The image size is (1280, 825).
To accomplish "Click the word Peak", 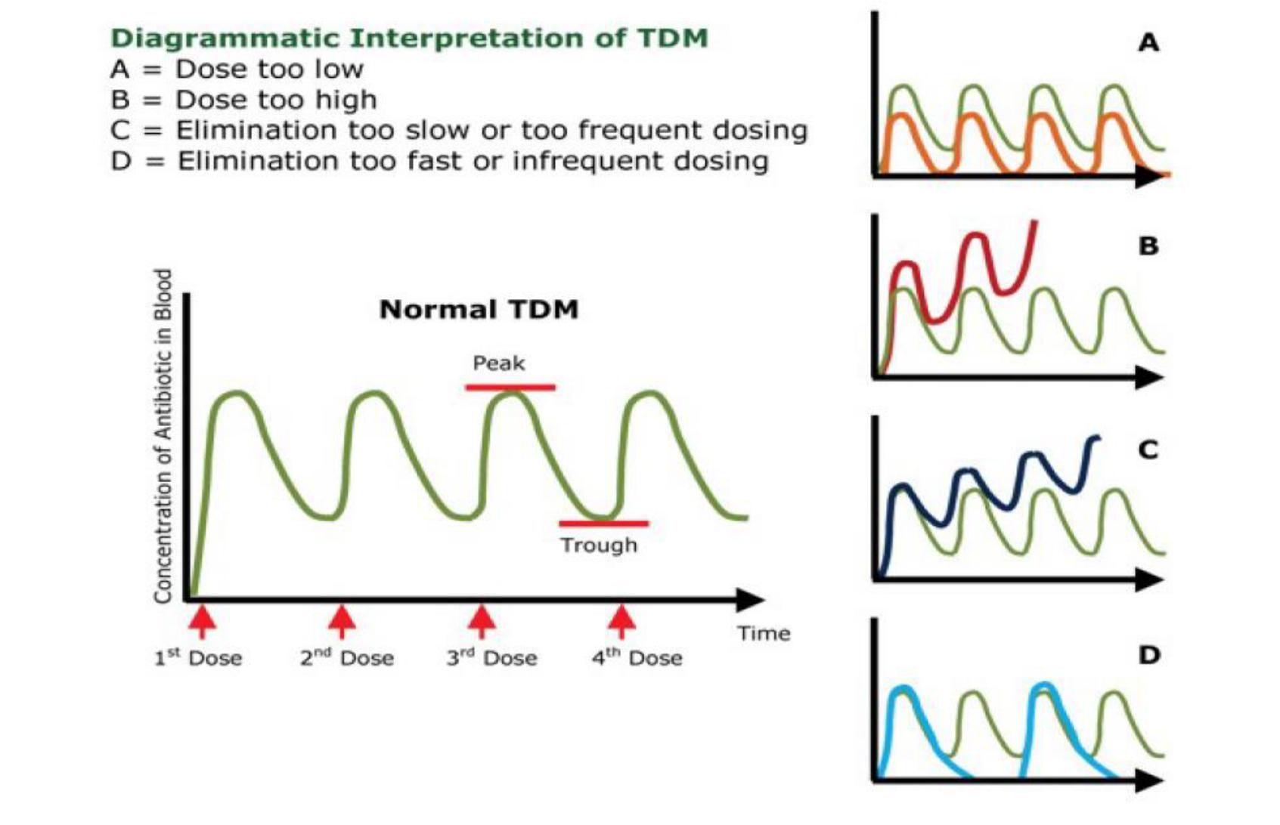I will tap(498, 363).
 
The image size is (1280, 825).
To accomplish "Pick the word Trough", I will tap(599, 545).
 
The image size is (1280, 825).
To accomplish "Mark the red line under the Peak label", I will tap(510, 388).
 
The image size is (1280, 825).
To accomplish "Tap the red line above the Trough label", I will tap(603, 523).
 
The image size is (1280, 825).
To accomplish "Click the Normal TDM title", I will tap(479, 309).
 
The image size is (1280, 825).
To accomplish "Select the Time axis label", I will tap(764, 633).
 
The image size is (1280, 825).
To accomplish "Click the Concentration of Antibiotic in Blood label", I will tap(163, 437).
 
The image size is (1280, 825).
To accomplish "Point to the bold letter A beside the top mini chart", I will tap(1148, 43).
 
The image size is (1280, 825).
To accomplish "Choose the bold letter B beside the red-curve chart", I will tap(1148, 246).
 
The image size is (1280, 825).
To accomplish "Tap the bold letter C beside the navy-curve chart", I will tap(1148, 450).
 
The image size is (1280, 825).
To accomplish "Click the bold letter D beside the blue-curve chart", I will tap(1148, 654).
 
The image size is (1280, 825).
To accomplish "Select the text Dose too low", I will tap(269, 70).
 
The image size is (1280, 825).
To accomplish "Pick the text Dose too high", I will tap(276, 100).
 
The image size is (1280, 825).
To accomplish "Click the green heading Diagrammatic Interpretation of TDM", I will tap(409, 38).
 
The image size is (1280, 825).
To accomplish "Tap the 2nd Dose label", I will tap(347, 658).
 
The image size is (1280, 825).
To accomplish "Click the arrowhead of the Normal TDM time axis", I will tap(751, 600).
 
